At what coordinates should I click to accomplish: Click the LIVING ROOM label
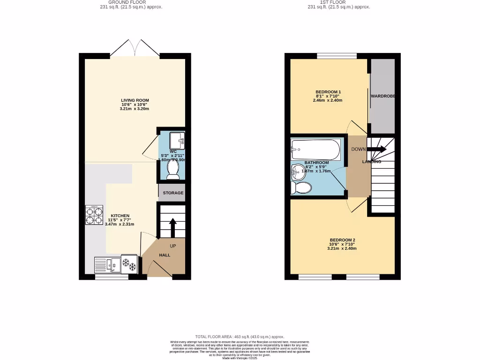tap(135, 100)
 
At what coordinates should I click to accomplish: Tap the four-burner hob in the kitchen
tap(94, 215)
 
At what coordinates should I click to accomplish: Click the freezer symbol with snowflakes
tap(129, 264)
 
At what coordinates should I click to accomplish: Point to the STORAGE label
tap(173, 193)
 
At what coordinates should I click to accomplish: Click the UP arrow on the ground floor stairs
tap(172, 227)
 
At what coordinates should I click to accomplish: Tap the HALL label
tap(165, 255)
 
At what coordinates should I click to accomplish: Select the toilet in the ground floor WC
tap(172, 170)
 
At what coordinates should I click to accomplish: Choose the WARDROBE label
tap(383, 96)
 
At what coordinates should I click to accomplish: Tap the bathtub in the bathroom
tap(315, 149)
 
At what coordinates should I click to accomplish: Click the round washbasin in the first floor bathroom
tap(297, 172)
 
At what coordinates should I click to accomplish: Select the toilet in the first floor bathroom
tap(301, 188)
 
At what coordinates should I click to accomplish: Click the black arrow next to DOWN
tap(377, 149)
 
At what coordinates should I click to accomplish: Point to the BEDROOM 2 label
tap(342, 240)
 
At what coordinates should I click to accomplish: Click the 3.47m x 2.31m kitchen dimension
tap(120, 224)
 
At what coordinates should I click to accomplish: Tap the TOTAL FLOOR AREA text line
tap(240, 337)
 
